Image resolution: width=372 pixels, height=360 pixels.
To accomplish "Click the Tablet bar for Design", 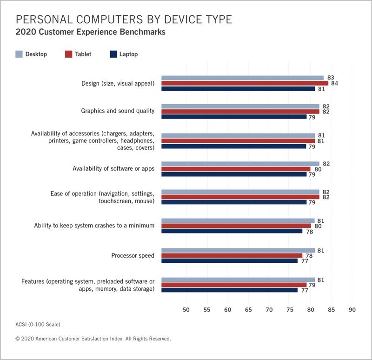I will coord(245,83).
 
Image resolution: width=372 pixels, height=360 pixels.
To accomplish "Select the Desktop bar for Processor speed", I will coord(238,250).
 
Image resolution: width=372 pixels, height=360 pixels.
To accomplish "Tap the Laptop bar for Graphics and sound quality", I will coord(234,117).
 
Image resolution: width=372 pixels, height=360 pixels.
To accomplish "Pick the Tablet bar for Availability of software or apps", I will coord(236,169).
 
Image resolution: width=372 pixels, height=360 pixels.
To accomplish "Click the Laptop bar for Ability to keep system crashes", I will coord(232,231).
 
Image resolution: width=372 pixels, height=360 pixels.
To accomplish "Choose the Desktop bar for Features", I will coord(238,280).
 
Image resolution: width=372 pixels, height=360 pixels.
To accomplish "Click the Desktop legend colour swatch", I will coord(19,54).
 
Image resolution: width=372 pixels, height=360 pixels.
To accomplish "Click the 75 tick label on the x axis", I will coord(290,309).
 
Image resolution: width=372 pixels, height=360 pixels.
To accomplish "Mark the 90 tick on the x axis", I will coord(352,309).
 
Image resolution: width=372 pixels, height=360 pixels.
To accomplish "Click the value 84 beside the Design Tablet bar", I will coord(334,83).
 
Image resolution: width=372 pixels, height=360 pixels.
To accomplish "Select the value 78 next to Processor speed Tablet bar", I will coord(308,255).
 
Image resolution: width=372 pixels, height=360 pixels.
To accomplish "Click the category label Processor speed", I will coord(133,255).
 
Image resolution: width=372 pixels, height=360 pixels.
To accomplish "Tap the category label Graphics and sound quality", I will coord(118,111).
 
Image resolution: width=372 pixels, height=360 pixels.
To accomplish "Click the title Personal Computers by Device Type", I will coord(124,20).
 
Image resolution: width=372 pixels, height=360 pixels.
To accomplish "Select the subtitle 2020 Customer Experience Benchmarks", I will coord(91,33).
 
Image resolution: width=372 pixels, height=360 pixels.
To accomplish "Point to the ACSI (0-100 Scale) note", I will coord(38,324).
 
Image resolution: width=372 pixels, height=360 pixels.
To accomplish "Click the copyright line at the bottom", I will coord(93,339).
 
